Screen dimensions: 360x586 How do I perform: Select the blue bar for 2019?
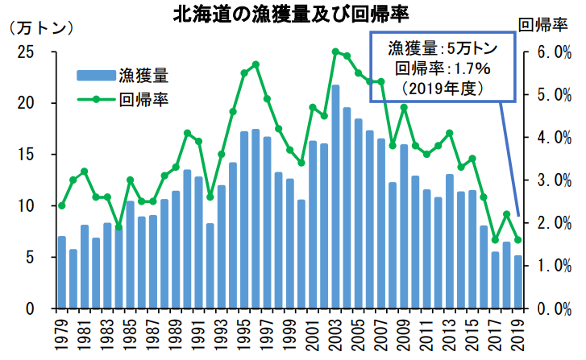click(519, 282)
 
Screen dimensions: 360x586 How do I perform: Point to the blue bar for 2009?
click(405, 226)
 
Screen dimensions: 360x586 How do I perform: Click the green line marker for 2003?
click(335, 52)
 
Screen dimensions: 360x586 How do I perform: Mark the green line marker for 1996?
click(256, 64)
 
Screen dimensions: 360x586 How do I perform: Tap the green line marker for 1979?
click(61, 205)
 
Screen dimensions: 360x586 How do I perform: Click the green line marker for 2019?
click(519, 240)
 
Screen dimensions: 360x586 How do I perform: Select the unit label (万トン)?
click(41, 27)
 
